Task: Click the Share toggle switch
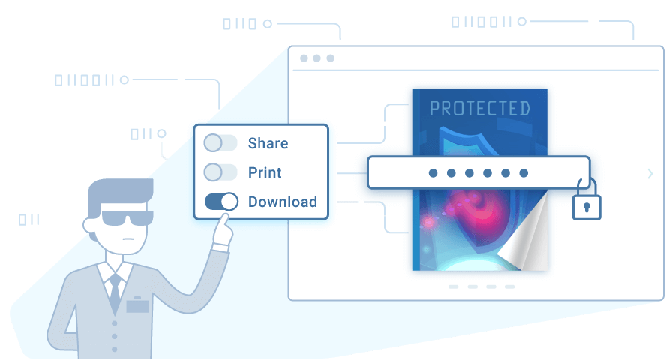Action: (x=220, y=143)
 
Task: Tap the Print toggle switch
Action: (x=220, y=172)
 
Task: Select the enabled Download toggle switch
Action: (x=221, y=202)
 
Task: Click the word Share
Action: (x=268, y=143)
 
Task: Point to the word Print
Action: (x=265, y=172)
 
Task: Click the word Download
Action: (x=283, y=202)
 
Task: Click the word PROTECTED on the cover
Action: (x=479, y=109)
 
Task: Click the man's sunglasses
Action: (x=127, y=217)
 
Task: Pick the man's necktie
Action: (x=115, y=293)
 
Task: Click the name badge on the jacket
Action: (x=137, y=304)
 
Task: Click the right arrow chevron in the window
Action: (x=649, y=173)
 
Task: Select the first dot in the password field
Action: (x=433, y=172)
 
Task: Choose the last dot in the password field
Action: (x=523, y=172)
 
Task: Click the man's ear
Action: (x=90, y=226)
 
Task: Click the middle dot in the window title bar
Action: (x=316, y=58)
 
